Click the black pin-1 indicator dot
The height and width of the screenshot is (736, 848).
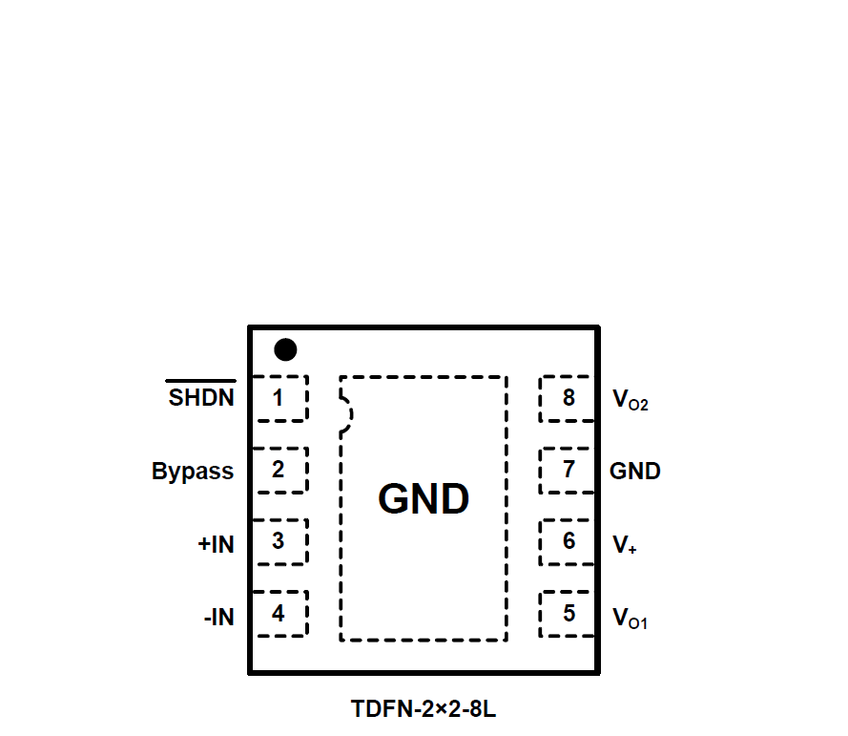pyautogui.click(x=284, y=350)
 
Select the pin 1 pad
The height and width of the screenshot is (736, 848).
pyautogui.click(x=279, y=398)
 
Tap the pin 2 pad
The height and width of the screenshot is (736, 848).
pyautogui.click(x=279, y=470)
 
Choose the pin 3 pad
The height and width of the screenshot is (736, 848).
pyautogui.click(x=279, y=541)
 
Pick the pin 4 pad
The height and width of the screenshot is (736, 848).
pyautogui.click(x=279, y=613)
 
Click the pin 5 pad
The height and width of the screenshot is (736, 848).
pyautogui.click(x=569, y=613)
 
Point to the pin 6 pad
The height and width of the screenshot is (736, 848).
pyautogui.click(x=569, y=541)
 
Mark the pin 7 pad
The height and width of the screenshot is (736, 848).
pyautogui.click(x=569, y=470)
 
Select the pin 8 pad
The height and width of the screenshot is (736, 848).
pyautogui.click(x=569, y=398)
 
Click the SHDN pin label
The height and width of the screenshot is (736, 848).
pyautogui.click(x=201, y=398)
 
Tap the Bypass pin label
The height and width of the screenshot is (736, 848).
pyautogui.click(x=193, y=471)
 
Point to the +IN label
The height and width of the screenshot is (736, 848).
pyautogui.click(x=216, y=544)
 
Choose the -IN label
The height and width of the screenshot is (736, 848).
pyautogui.click(x=218, y=618)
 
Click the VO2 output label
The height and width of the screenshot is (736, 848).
pyautogui.click(x=630, y=400)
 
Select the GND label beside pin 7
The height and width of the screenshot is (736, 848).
pyautogui.click(x=635, y=471)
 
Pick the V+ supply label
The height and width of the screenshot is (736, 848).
pyautogui.click(x=625, y=545)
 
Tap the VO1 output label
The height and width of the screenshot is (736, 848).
pyautogui.click(x=630, y=619)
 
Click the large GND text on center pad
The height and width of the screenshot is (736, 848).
pyautogui.click(x=424, y=498)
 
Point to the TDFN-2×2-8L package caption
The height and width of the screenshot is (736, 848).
pyautogui.click(x=424, y=709)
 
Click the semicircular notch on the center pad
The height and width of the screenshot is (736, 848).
pyautogui.click(x=346, y=414)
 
